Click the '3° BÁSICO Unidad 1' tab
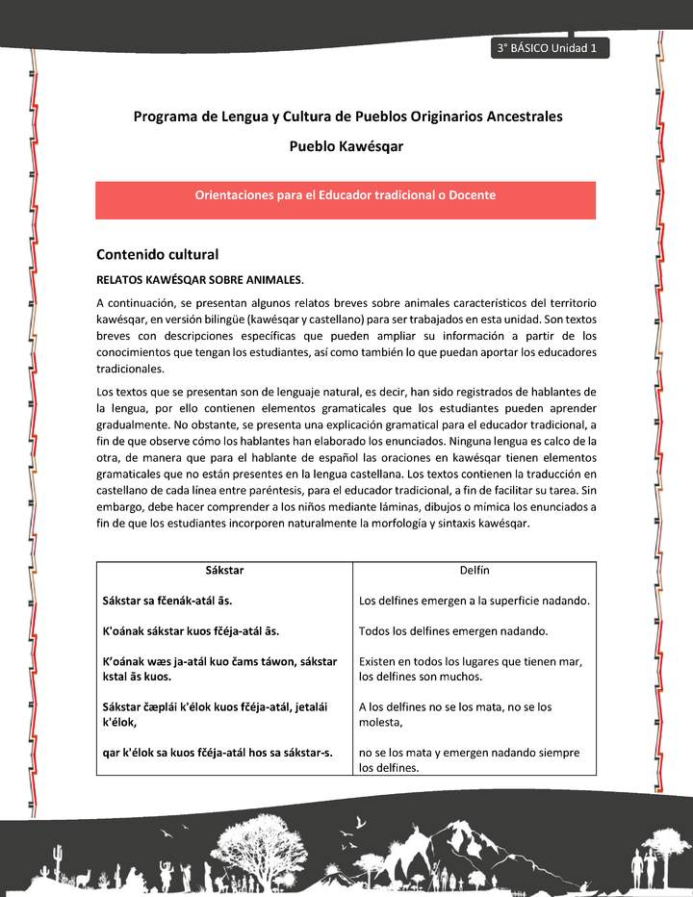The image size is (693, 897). (548, 49)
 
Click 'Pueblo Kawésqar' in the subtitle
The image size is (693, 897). (346, 147)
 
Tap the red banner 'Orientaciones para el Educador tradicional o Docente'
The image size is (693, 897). (346, 195)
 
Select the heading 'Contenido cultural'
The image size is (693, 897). (158, 255)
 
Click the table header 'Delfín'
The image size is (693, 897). (475, 571)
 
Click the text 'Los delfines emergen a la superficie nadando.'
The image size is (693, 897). (474, 601)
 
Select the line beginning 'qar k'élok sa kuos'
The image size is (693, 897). (218, 753)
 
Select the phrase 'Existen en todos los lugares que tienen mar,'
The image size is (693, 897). (471, 662)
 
